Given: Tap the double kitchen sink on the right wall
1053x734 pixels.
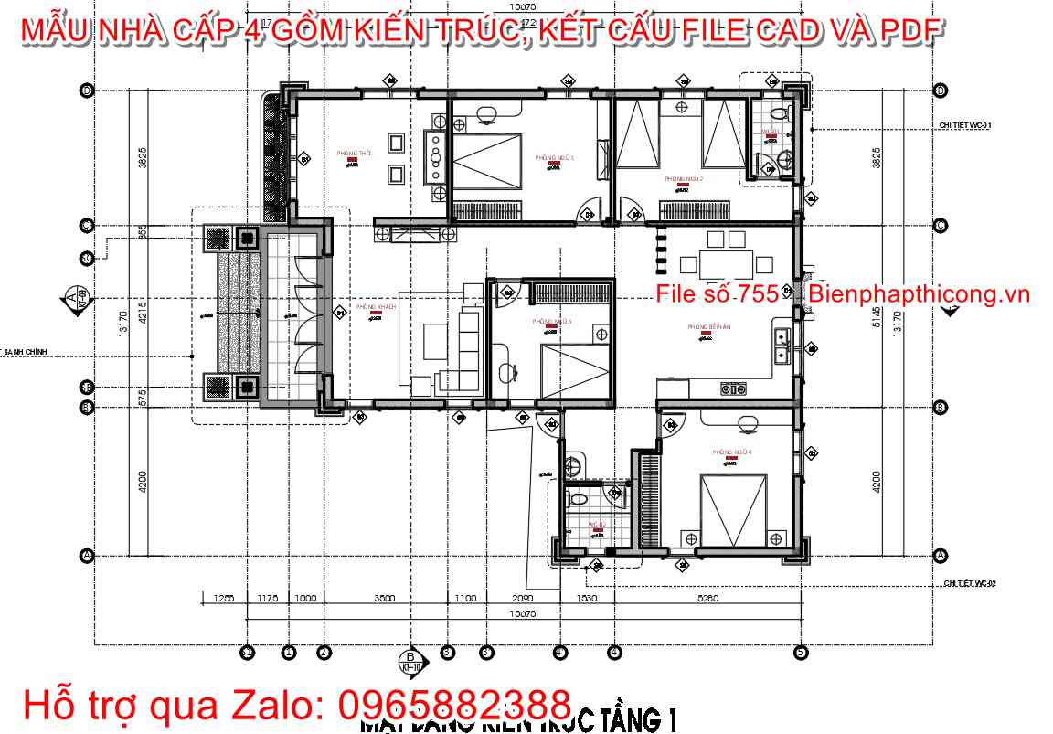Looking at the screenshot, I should (x=782, y=345).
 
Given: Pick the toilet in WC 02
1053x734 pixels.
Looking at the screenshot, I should (x=576, y=500).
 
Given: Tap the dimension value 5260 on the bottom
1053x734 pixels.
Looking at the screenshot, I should (x=707, y=599).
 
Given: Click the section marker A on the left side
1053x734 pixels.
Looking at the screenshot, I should (x=73, y=298).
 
